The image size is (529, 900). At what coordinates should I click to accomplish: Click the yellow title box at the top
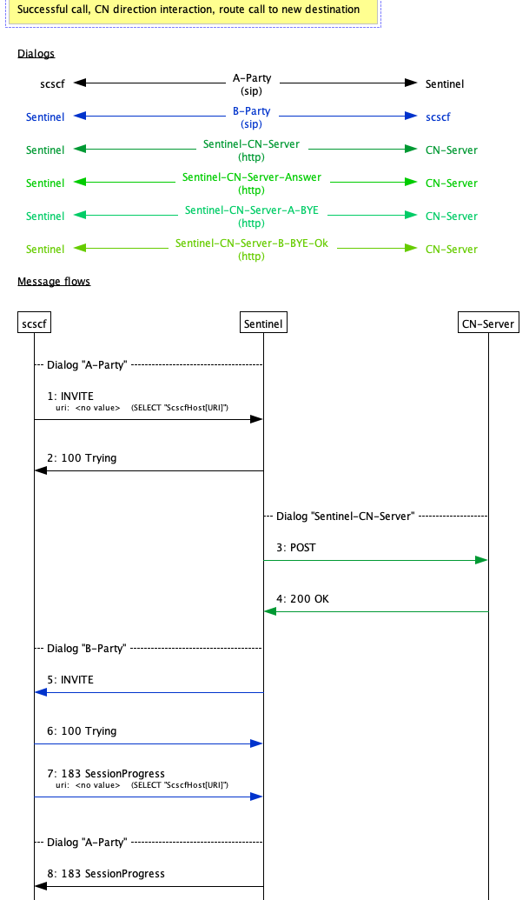188,10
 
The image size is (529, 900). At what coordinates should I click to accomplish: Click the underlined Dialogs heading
36,54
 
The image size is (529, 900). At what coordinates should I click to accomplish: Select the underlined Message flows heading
54,282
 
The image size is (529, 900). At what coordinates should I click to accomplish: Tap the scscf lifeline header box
34,323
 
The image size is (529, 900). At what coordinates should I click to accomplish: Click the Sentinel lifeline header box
263,323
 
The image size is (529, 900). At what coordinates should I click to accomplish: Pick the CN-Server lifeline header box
488,323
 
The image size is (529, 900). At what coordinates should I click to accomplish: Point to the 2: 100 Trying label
82,457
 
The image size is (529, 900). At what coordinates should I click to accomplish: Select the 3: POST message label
296,548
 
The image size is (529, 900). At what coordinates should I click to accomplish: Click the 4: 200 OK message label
302,599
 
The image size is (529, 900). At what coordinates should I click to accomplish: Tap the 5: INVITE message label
69,679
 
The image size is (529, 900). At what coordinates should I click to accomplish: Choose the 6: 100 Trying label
82,731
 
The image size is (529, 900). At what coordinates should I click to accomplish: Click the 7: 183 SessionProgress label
106,773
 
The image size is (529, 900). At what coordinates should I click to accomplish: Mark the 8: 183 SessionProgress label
106,873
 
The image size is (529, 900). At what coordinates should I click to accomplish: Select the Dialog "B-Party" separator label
86,648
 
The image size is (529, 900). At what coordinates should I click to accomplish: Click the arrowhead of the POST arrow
481,561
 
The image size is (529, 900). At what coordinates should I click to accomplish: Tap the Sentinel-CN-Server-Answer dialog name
252,177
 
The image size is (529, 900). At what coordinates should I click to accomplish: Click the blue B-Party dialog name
252,111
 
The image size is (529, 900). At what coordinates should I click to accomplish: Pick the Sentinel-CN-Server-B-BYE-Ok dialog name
252,243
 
